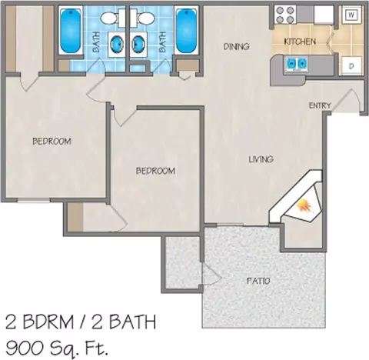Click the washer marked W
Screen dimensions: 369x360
(351, 15)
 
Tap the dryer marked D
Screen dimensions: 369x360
(351, 66)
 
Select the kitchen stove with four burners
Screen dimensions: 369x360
(284, 15)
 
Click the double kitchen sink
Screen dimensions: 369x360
(297, 63)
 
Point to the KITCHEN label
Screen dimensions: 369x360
(300, 42)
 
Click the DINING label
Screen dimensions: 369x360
(236, 46)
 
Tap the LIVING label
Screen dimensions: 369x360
(261, 159)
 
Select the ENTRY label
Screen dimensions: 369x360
(320, 105)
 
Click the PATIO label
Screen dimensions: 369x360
(258, 281)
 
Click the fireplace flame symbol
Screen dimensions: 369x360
(305, 206)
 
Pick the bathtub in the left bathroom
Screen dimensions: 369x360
(71, 31)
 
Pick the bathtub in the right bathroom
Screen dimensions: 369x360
(186, 31)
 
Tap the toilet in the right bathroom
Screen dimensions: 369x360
(143, 18)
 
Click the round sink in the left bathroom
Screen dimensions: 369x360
(116, 43)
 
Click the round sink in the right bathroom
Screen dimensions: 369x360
(138, 43)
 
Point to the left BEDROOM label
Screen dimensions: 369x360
(52, 141)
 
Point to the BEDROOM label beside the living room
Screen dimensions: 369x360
(155, 171)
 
